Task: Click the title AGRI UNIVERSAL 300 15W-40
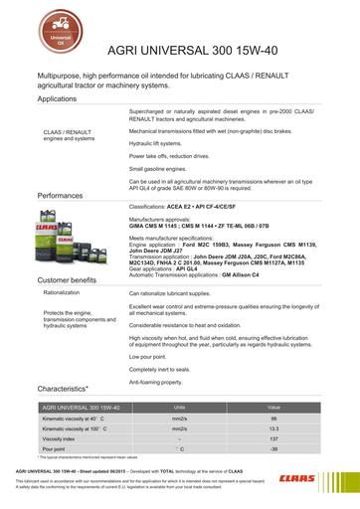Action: [x=179, y=57]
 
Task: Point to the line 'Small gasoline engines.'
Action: [x=163, y=169]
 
